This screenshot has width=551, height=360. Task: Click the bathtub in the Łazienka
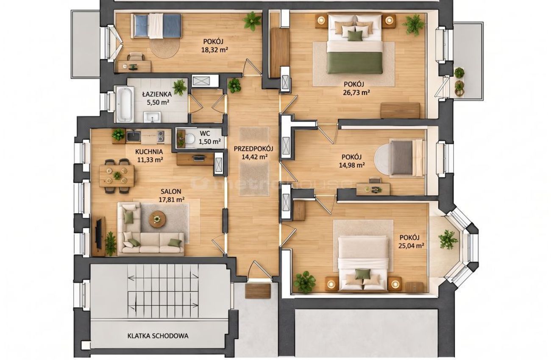[125, 104]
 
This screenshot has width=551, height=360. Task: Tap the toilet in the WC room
[190, 139]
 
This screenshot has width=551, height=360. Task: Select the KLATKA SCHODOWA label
[158, 336]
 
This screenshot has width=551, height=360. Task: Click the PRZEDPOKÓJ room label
[253, 148]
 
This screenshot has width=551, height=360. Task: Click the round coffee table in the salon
[157, 219]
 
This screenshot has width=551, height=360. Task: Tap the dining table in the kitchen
[117, 176]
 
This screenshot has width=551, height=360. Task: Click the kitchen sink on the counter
[134, 136]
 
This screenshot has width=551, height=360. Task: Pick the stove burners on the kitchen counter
[161, 136]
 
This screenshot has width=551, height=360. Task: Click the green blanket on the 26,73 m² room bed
[355, 63]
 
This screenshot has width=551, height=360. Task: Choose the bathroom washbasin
[152, 117]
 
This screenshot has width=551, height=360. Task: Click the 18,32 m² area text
[214, 50]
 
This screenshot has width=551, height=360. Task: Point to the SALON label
[171, 191]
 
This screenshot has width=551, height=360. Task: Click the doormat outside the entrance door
[258, 291]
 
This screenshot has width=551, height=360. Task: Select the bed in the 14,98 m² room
[407, 158]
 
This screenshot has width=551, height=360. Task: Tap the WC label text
[205, 133]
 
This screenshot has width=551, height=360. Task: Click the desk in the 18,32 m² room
[134, 66]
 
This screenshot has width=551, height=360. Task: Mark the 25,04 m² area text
[411, 246]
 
